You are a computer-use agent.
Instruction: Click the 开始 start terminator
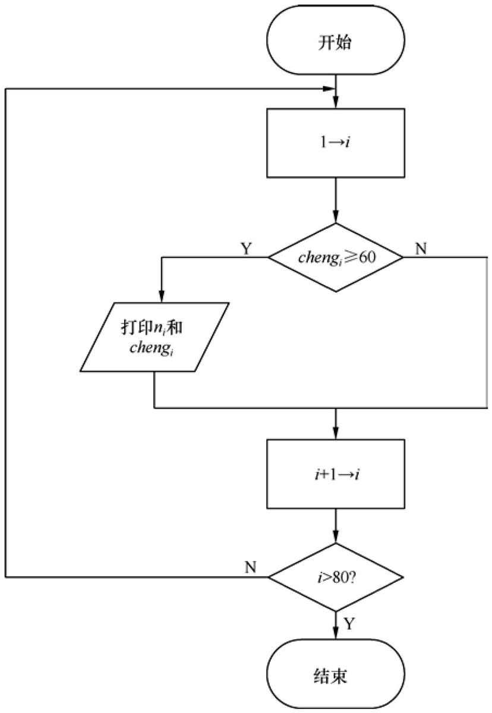pos(335,40)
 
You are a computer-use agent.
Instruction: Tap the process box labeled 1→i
pos(335,143)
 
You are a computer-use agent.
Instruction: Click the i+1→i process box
pos(335,474)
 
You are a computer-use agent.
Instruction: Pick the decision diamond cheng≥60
pos(336,257)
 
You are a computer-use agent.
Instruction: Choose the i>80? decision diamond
pos(336,577)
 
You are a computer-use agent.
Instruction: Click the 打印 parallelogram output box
pos(154,337)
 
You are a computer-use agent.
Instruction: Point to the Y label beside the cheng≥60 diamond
pos(246,248)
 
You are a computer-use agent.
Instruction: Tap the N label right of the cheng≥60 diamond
pos(421,248)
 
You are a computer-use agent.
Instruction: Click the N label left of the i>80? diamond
pos(250,567)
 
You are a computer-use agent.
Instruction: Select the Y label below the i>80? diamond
pos(349,624)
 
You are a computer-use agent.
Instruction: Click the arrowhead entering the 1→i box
pos(335,102)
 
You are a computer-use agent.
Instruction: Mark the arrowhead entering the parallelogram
pos(162,296)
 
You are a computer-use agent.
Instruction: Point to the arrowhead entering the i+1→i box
pos(335,433)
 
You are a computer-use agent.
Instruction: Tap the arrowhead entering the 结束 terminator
pos(335,633)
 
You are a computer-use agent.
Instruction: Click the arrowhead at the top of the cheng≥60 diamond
pos(335,217)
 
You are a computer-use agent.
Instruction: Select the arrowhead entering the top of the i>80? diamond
pos(335,537)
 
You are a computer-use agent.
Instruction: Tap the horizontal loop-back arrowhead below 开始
pos(329,89)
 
